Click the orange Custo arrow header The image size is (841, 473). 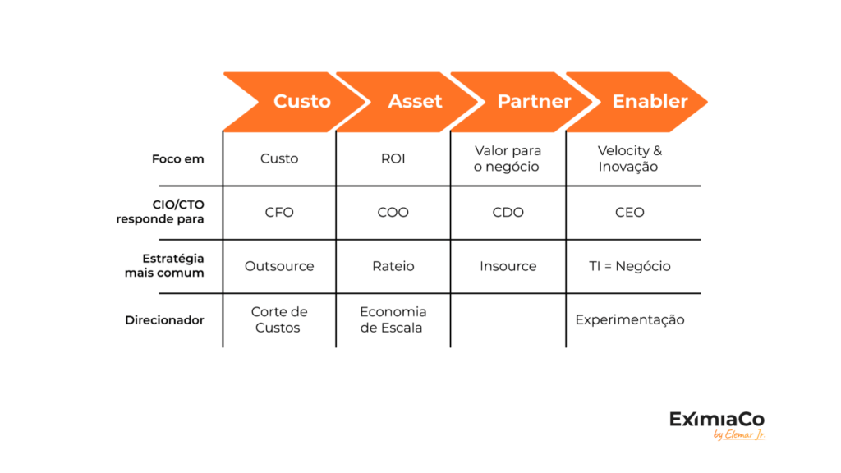tap(296, 102)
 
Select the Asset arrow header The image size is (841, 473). tap(411, 102)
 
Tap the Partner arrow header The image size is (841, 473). tap(526, 102)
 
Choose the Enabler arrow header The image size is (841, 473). tap(641, 102)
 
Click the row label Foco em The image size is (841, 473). tap(178, 159)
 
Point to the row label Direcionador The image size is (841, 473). tap(164, 320)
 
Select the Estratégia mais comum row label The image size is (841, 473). tap(164, 265)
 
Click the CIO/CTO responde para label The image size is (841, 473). tap(160, 212)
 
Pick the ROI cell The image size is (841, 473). tap(393, 158)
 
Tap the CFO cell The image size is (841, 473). tap(279, 213)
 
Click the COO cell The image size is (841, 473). tap(393, 213)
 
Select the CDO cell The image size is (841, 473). tap(508, 213)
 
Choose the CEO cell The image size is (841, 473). tap(630, 213)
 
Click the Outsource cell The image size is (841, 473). tap(279, 266)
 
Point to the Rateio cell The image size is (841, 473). tap(393, 266)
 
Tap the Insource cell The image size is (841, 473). tap(508, 266)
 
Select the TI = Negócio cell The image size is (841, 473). tap(630, 266)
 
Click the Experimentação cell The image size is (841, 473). tap(630, 319)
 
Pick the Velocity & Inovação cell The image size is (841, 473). tap(630, 158)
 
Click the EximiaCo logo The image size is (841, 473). tap(717, 425)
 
